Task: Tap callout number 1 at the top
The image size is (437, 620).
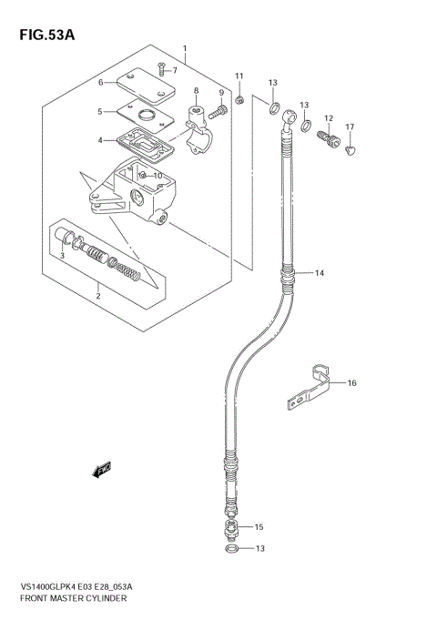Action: pos(185,48)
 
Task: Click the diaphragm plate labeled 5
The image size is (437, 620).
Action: pos(141,116)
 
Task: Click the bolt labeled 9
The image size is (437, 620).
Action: pos(218,114)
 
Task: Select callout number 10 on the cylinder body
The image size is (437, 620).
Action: pos(157,176)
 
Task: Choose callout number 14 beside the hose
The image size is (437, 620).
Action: pos(319,272)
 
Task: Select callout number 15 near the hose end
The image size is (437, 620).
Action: pos(259,527)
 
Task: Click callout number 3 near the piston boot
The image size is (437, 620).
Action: pos(62,257)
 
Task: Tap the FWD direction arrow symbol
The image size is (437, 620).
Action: pos(100,470)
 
